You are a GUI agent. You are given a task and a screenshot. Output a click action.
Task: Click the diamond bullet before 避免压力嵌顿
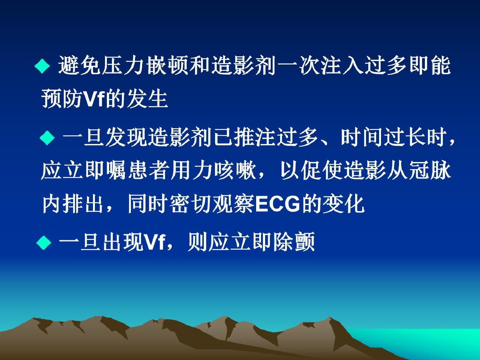(x=42, y=66)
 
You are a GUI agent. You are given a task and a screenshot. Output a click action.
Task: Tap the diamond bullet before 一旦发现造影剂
(x=47, y=138)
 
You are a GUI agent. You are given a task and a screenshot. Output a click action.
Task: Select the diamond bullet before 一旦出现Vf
(x=44, y=242)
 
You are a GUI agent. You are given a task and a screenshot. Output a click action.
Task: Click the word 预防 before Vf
(x=63, y=99)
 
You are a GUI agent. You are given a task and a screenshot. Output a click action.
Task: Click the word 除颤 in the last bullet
(x=294, y=242)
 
